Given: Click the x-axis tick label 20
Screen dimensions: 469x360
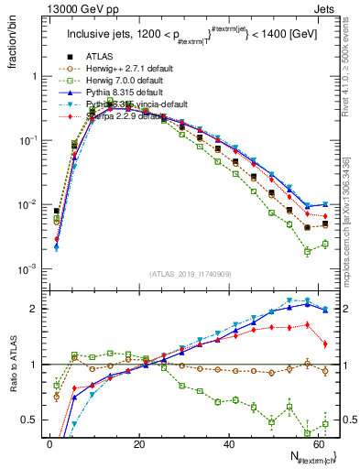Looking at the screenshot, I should point(138,444).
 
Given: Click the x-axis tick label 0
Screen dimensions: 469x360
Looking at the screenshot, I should point(49,444).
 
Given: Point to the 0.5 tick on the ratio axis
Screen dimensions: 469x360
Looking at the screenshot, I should point(32,420).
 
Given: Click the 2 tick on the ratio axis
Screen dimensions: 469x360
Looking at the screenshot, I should point(35,309).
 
